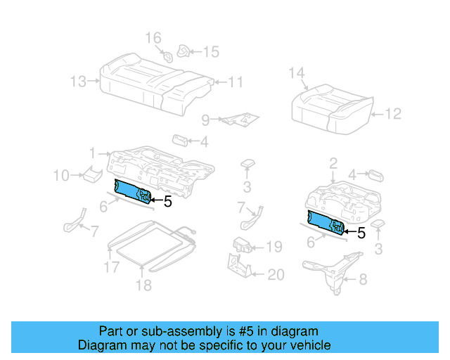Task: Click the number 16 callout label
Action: (x=153, y=37)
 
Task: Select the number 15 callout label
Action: (x=211, y=51)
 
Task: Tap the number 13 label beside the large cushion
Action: (x=79, y=82)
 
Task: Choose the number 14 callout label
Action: (x=296, y=72)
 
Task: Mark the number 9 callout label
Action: (x=205, y=120)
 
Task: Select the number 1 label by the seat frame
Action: (x=92, y=153)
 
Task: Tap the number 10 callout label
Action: (x=61, y=174)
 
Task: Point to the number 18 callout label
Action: (x=143, y=285)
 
